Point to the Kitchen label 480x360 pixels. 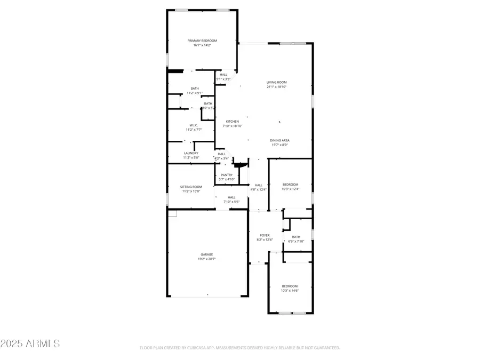point(232,122)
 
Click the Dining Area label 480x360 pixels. point(279,140)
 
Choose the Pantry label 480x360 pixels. point(227,175)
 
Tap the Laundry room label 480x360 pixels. point(191,153)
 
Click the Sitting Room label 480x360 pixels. point(191,187)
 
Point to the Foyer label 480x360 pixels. point(265,235)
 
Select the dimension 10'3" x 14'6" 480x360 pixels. point(290,290)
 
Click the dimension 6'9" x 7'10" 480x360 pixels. point(296,241)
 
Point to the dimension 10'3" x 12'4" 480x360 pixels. point(290,189)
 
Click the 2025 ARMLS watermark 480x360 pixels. point(30,343)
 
